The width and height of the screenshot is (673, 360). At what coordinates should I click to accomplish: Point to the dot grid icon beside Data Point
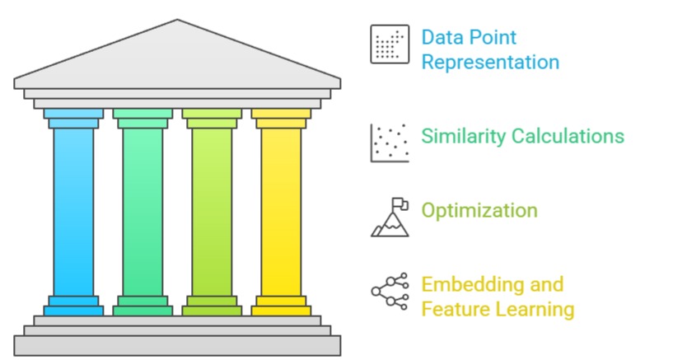[x=389, y=44]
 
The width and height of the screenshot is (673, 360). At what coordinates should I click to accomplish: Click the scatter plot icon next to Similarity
[x=389, y=142]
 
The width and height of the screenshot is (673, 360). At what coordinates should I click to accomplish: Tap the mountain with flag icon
[x=389, y=217]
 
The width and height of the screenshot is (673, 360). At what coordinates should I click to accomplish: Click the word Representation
[x=490, y=62]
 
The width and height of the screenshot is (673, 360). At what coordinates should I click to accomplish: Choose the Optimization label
[x=479, y=210]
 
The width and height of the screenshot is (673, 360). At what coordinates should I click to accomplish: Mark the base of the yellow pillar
[x=281, y=306]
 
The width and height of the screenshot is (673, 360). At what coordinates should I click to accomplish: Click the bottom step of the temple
[x=177, y=345]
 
